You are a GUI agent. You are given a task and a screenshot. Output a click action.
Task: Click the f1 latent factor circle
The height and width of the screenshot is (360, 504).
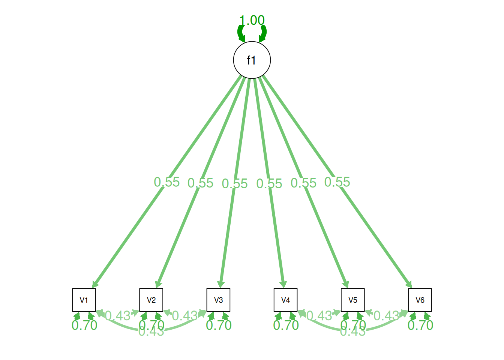(252, 60)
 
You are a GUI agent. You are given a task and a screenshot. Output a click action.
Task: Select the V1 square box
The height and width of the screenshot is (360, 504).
(84, 300)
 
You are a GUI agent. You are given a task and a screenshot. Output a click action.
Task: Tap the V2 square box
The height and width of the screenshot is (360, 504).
(151, 300)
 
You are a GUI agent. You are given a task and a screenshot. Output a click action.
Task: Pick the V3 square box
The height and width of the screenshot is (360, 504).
(218, 300)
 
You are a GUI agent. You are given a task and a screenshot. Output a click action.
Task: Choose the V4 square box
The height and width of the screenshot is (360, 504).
(286, 300)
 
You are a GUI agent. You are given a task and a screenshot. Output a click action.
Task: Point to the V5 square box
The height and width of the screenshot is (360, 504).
(353, 300)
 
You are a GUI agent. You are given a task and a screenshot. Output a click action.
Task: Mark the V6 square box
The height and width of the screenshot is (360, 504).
(420, 300)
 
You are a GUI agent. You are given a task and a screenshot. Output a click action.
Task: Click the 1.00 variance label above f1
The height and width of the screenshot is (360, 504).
(252, 20)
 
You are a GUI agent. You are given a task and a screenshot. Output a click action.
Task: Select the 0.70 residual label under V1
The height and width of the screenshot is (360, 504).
(84, 325)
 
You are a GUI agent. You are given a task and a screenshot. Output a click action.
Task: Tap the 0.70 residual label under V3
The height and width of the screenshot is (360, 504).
(219, 325)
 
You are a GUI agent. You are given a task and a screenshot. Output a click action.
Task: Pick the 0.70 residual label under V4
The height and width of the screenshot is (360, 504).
(286, 325)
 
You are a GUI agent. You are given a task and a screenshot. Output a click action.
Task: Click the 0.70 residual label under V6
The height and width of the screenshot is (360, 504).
(420, 325)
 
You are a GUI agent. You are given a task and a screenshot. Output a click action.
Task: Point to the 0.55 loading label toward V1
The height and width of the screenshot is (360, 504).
(167, 182)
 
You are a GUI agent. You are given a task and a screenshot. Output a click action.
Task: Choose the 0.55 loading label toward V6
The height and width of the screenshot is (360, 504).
(337, 182)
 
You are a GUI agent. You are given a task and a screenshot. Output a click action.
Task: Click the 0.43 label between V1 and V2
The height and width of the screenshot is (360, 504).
(117, 316)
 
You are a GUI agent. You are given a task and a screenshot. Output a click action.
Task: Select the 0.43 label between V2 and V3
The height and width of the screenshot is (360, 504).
(184, 316)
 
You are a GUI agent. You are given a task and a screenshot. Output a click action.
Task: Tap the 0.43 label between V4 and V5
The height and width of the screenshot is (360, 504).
(319, 316)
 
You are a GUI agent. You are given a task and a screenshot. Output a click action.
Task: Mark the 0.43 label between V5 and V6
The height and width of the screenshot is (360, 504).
(386, 316)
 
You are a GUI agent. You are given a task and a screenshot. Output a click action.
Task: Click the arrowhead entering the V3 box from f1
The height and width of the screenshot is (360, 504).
(221, 284)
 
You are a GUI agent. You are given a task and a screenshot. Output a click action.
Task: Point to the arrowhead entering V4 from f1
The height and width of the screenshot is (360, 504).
(283, 284)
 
